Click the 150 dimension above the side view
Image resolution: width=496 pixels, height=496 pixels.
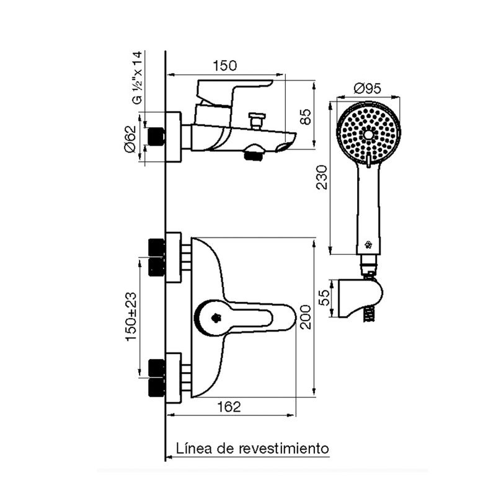point(224,66)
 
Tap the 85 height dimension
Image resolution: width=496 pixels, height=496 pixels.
point(306,117)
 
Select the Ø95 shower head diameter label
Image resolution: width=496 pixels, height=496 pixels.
point(368,88)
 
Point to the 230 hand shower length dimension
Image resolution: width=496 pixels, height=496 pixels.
point(322,177)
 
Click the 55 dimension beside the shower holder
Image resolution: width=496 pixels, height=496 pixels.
point(324,298)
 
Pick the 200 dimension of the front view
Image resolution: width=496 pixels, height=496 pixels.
point(306,317)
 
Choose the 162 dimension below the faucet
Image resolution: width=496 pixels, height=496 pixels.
point(229,407)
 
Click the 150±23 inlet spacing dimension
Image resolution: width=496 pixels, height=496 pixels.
point(131,317)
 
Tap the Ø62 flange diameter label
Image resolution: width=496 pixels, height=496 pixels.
point(130,139)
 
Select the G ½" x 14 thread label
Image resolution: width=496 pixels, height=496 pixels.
point(138,77)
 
